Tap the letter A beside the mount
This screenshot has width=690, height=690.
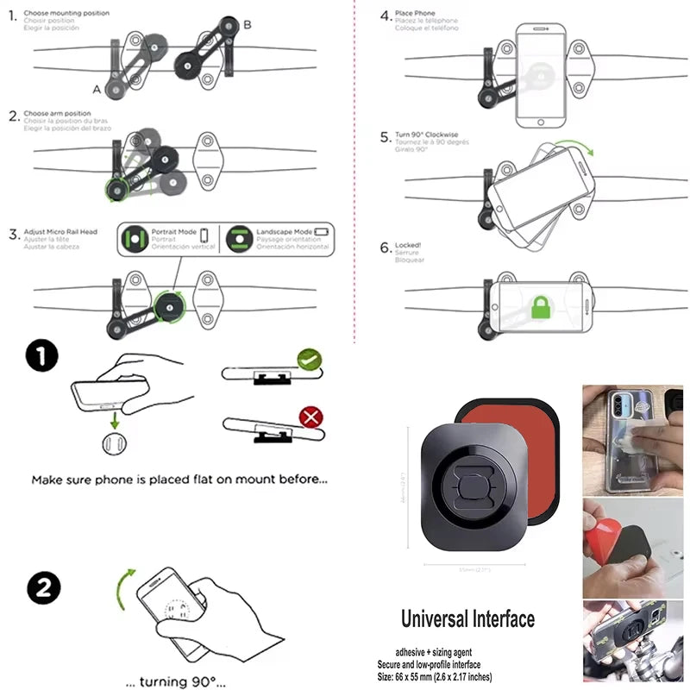click(97, 89)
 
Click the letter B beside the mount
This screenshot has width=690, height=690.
click(248, 25)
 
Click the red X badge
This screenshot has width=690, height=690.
click(310, 419)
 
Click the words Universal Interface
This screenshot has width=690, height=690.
click(467, 618)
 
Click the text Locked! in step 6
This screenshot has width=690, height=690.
click(408, 246)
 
